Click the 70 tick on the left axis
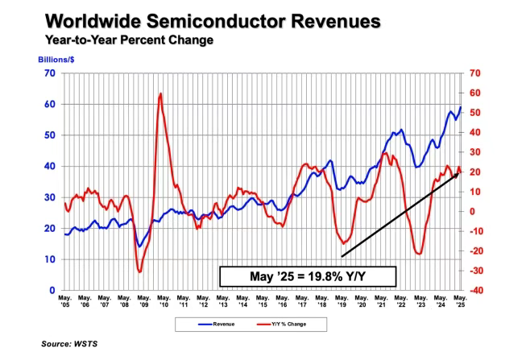coord(50,73)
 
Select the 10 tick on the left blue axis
coord(50,259)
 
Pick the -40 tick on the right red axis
coord(474,290)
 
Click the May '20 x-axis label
coord(360,302)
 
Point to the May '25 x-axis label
coord(460,302)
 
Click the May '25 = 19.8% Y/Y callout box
coord(309,276)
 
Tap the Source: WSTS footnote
coord(73,344)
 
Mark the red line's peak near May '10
coord(160,93)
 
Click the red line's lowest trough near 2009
coord(139,271)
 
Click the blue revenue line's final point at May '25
coord(461,107)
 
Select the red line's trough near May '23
coord(420,254)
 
